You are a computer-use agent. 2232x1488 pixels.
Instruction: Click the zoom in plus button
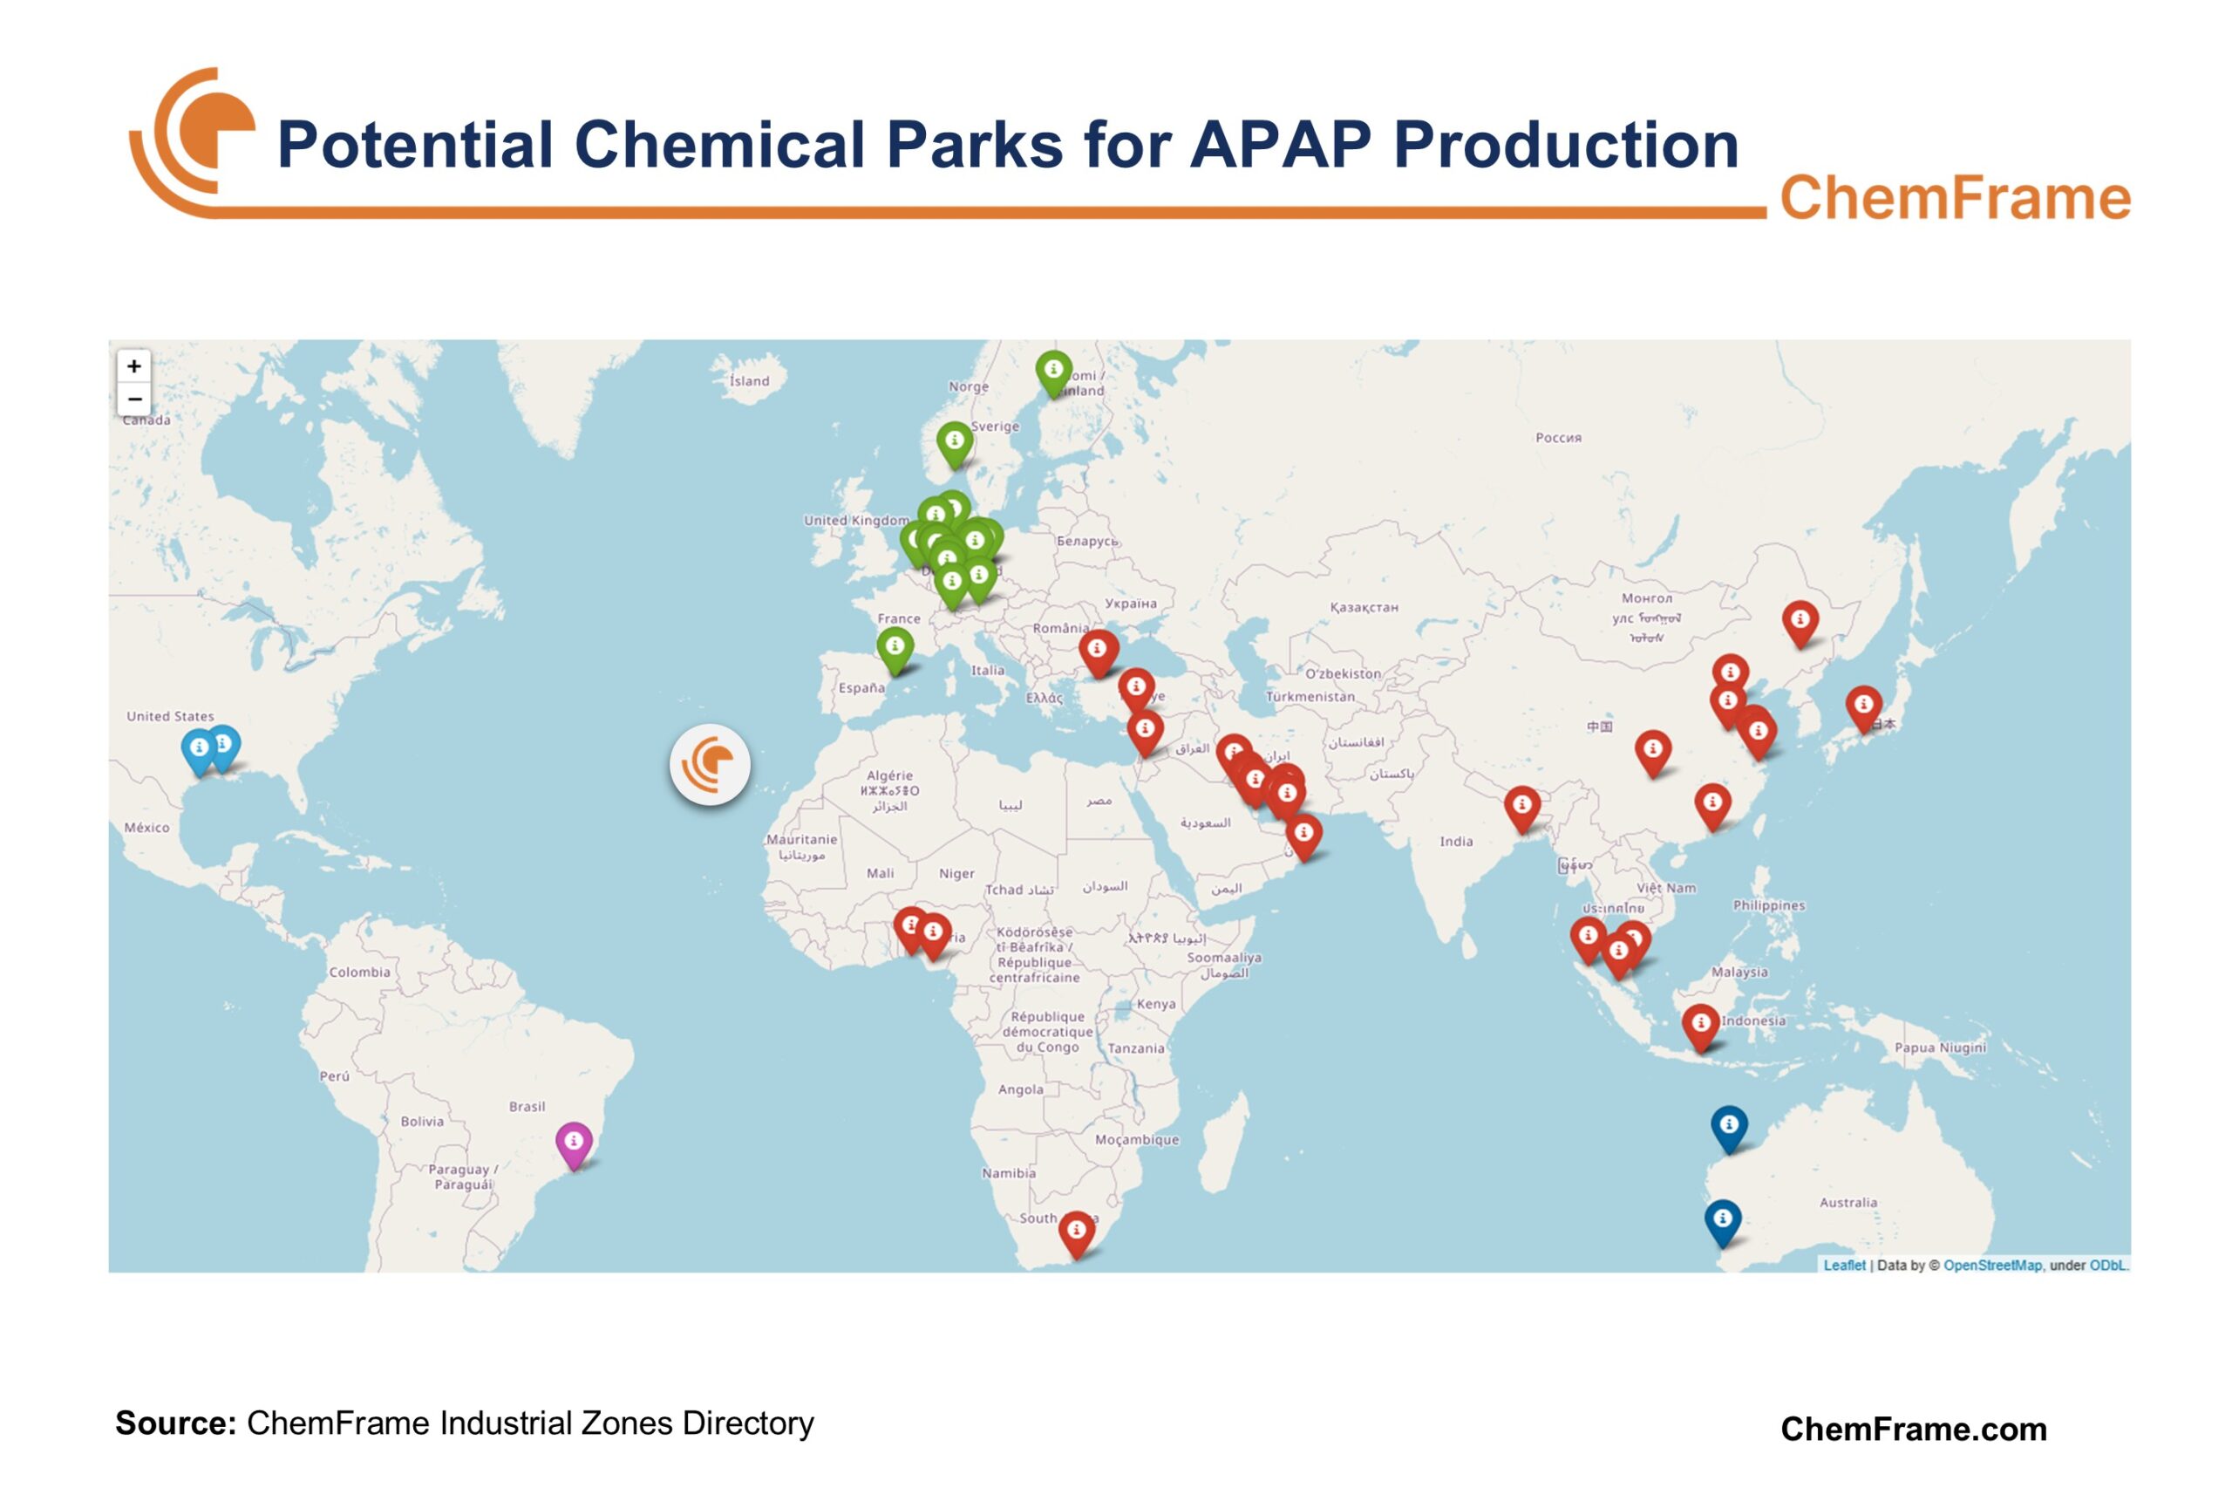coord(133,366)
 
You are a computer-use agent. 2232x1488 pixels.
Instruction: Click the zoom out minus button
coord(133,399)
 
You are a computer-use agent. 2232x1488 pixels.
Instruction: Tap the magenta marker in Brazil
coord(574,1142)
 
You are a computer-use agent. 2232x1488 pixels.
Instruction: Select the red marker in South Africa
coord(1076,1231)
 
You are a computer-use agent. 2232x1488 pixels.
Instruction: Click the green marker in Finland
coord(1053,370)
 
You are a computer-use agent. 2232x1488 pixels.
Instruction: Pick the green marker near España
coord(895,647)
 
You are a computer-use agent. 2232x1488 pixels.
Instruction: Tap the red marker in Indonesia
coord(1700,1024)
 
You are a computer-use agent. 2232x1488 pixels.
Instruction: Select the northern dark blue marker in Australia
coord(1728,1125)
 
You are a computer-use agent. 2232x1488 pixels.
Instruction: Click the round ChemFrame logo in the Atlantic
coord(710,765)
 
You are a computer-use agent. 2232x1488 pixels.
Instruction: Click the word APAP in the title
coord(1280,145)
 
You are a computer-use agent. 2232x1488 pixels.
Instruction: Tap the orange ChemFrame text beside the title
coord(1954,198)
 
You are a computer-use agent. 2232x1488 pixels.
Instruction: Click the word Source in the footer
coord(174,1423)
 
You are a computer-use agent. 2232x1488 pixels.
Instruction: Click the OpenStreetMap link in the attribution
coord(1991,1265)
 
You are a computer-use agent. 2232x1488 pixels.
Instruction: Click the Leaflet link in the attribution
coord(1843,1265)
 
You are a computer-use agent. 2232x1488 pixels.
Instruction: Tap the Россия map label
coord(1557,438)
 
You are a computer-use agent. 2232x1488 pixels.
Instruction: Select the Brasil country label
coord(527,1107)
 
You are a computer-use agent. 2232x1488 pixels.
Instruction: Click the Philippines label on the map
coord(1768,905)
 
